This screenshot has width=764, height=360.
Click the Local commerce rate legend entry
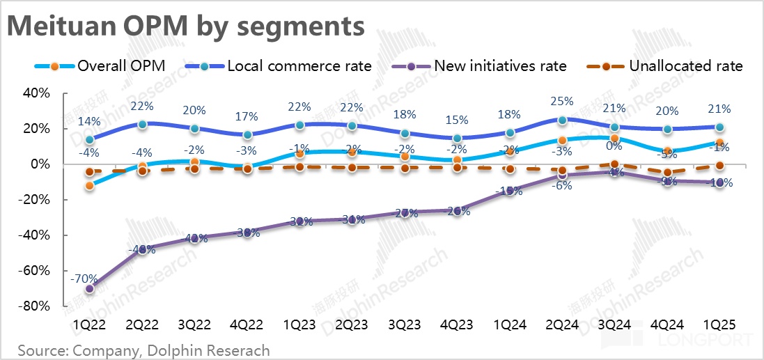click(279, 66)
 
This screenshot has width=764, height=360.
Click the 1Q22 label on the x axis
click(89, 325)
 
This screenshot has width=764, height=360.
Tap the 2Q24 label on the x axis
click(562, 325)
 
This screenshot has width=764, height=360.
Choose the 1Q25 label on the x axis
click(719, 325)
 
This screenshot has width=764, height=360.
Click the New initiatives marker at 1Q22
click(90, 288)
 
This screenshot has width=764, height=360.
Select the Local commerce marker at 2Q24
click(562, 120)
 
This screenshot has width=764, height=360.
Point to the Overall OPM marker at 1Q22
click(90, 185)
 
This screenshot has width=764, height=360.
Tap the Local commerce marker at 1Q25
click(719, 127)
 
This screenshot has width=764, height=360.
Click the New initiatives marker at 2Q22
click(142, 249)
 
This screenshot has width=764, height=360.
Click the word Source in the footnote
click(39, 350)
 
